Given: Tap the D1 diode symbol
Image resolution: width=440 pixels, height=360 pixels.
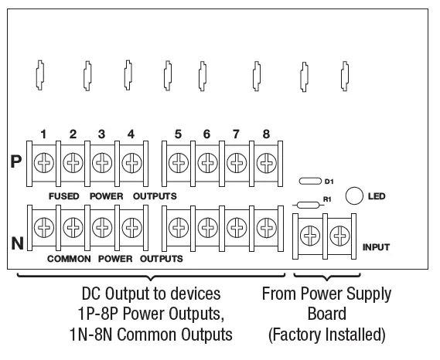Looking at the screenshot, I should tap(309, 181).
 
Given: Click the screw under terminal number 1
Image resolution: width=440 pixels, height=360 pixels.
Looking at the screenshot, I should tap(44, 164).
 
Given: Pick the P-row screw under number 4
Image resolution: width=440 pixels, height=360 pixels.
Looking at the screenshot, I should tap(131, 164).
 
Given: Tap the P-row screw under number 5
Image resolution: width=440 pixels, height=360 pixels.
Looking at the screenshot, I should tap(179, 164).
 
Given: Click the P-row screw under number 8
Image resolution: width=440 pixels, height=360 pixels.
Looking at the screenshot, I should tap(266, 164).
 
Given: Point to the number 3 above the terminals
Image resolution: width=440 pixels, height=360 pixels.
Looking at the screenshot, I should tap(101, 134).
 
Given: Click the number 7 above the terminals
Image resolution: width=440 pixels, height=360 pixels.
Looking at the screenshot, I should tap(237, 134).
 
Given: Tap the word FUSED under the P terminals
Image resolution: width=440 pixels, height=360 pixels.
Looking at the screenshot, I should tap(64, 195).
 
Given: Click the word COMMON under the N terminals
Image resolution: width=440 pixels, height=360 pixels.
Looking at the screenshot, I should tap(69, 258).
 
